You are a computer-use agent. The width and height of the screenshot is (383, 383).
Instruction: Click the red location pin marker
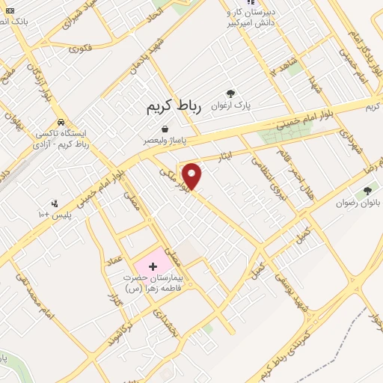pos(192,175)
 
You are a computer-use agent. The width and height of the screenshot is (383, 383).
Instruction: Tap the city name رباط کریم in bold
pos(174,108)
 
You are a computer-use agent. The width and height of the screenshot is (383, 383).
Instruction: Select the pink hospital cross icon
pos(153,266)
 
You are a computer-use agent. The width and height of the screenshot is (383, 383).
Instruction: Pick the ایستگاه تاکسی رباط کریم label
pos(62,138)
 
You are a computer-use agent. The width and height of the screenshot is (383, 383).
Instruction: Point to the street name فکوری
pos(80,47)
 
